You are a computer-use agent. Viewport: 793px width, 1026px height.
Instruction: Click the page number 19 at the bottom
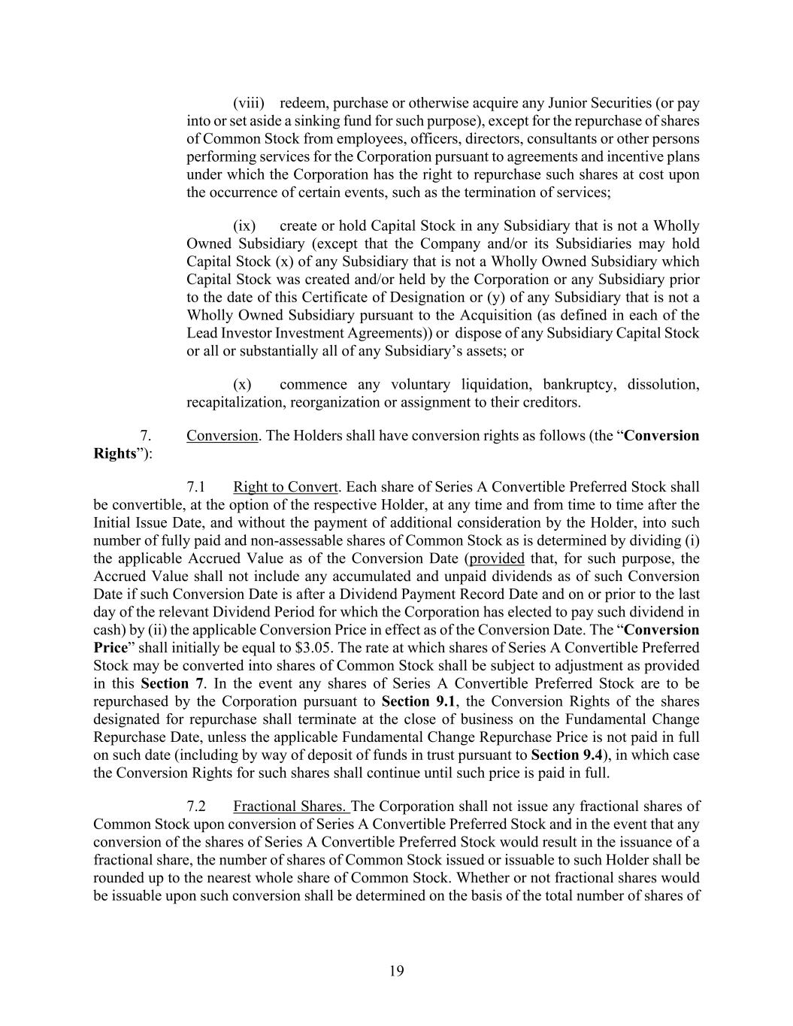(397, 971)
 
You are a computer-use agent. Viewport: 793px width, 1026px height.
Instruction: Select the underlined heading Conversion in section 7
(222, 436)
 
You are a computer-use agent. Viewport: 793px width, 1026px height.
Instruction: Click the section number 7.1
(196, 487)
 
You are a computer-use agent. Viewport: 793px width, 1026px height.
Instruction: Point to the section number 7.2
(196, 807)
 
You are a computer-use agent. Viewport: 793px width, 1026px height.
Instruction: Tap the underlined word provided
(496, 558)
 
